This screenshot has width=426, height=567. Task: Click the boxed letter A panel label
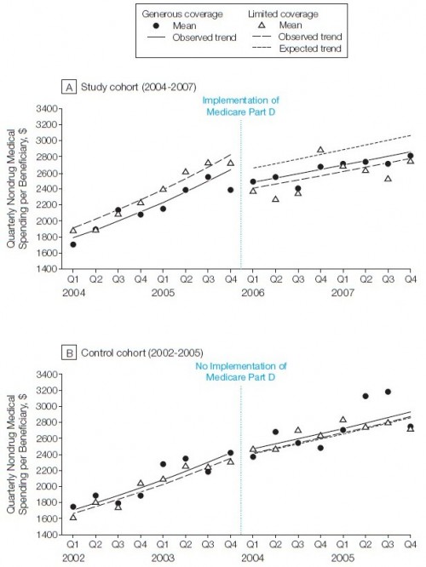click(69, 87)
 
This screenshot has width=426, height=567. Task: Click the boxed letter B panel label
click(69, 353)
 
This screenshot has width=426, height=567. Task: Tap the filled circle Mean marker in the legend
click(157, 26)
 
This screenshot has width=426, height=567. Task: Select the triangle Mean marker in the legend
click(262, 25)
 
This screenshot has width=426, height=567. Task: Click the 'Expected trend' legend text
click(310, 49)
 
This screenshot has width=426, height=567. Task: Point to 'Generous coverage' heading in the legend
click(182, 14)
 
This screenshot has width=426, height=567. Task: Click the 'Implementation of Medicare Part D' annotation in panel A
click(240, 106)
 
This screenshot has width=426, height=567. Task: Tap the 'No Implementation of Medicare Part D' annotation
click(240, 371)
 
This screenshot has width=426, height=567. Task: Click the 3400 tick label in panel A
click(47, 108)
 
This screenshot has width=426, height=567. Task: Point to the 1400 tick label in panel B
click(47, 534)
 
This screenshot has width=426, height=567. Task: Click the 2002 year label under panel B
click(73, 558)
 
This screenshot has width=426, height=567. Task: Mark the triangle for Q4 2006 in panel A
click(320, 150)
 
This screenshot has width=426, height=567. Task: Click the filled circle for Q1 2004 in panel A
click(73, 244)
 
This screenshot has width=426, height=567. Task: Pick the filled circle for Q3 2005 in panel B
click(388, 392)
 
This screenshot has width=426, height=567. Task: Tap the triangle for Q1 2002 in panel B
click(73, 517)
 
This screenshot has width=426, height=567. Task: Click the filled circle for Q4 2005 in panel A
click(231, 190)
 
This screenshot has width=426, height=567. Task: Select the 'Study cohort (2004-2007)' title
click(139, 87)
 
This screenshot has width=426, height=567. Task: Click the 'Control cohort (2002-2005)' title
click(142, 353)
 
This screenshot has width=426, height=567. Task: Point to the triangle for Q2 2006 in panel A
click(275, 199)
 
